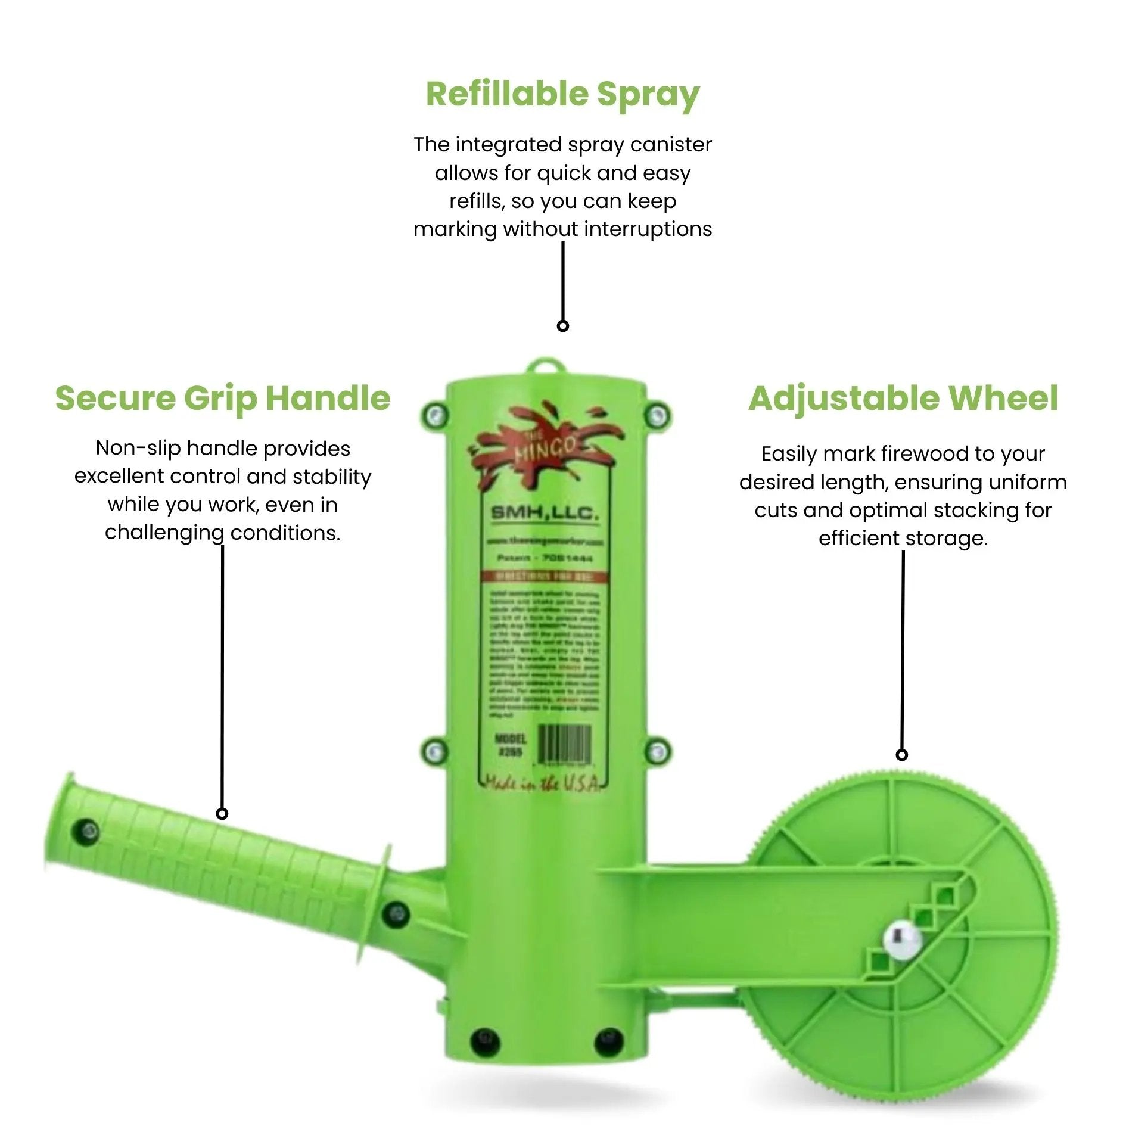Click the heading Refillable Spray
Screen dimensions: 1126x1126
tap(562, 94)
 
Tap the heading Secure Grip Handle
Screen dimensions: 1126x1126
tap(222, 398)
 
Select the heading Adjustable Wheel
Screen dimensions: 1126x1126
tap(903, 398)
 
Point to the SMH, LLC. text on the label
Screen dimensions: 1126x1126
tap(544, 513)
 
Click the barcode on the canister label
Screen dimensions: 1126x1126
tap(564, 744)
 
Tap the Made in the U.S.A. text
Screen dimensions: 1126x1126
tap(543, 784)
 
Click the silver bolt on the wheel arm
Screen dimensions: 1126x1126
tap(902, 941)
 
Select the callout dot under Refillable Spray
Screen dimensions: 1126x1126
tap(562, 326)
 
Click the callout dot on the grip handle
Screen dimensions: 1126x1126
tap(222, 813)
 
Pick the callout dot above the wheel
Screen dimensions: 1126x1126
tap(902, 755)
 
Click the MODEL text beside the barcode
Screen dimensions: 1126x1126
tap(511, 739)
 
